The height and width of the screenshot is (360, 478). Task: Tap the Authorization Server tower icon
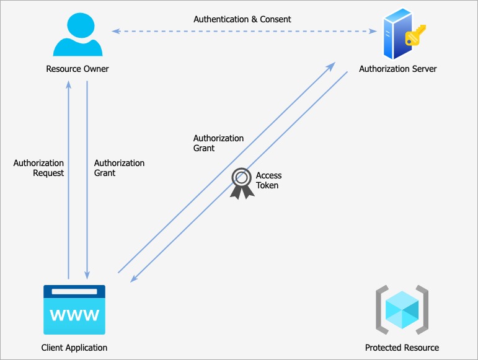click(397, 34)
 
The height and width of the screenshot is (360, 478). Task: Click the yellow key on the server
click(415, 35)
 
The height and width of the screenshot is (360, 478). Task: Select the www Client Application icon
click(74, 309)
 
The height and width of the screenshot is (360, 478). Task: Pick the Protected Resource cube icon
click(402, 309)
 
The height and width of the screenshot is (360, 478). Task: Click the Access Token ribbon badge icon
click(242, 183)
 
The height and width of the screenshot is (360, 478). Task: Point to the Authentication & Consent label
click(242, 19)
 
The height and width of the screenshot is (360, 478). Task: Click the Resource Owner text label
click(77, 69)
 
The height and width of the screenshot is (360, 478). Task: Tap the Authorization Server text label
click(398, 69)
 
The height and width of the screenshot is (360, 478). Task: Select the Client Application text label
click(74, 348)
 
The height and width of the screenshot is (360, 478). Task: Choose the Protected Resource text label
click(402, 348)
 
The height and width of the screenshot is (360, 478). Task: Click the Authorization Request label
click(38, 168)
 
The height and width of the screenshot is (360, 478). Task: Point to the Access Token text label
click(268, 180)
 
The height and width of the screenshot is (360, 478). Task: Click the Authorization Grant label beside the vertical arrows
click(119, 168)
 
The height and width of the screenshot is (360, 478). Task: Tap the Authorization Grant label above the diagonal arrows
click(219, 143)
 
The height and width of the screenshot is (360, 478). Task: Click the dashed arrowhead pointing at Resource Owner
click(115, 31)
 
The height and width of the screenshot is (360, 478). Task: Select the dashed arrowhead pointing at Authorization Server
click(373, 31)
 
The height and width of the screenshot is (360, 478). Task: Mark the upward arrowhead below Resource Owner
click(69, 84)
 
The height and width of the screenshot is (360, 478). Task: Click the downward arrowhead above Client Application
click(87, 275)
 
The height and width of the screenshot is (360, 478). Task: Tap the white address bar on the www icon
click(74, 291)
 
